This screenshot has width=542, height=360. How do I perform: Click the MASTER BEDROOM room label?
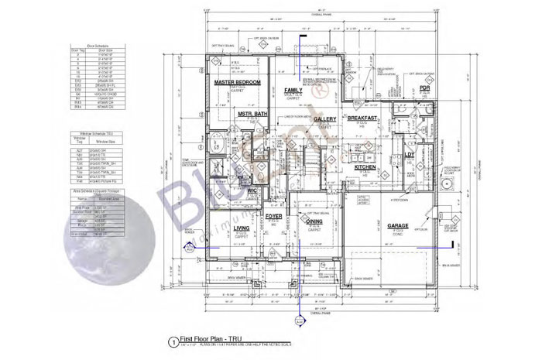coord(237,81)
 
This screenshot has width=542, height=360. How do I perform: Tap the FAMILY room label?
coord(293,90)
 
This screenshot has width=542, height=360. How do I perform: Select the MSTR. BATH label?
coord(252,115)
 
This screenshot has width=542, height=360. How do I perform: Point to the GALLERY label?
coord(324,118)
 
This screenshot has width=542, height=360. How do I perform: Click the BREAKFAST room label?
coord(362,118)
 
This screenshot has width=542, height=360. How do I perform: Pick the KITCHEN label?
coord(365,166)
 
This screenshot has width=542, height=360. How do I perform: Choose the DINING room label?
coord(314,221)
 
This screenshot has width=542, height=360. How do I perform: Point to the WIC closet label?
coord(252,190)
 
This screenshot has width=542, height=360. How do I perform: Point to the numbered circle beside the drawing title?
coord(171,341)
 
